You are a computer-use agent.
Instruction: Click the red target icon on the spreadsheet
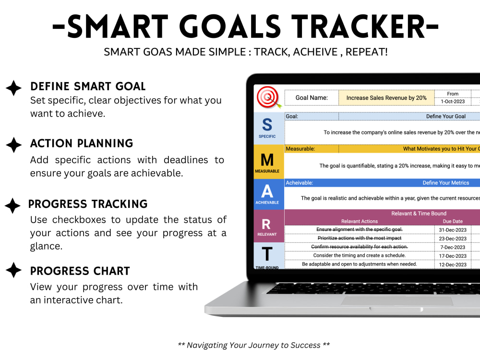268,98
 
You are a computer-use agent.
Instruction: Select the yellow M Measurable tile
267,162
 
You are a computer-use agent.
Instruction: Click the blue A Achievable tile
267,194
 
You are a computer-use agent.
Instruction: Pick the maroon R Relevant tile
267,226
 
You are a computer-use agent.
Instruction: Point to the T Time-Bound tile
267,256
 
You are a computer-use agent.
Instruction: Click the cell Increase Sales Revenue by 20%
386,98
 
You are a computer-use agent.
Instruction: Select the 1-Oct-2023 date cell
453,102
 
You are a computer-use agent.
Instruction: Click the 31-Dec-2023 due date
453,229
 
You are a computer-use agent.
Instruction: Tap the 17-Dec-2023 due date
453,256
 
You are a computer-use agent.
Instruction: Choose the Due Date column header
453,221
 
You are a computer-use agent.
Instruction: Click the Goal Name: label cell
312,98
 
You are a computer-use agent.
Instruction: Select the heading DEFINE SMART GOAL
88,86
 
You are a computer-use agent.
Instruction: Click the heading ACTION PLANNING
82,144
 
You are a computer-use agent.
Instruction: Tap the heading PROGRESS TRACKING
88,204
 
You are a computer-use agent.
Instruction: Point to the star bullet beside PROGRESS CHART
13,270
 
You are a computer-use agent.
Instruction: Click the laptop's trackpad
397,301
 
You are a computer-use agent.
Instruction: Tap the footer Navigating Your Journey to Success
253,345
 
